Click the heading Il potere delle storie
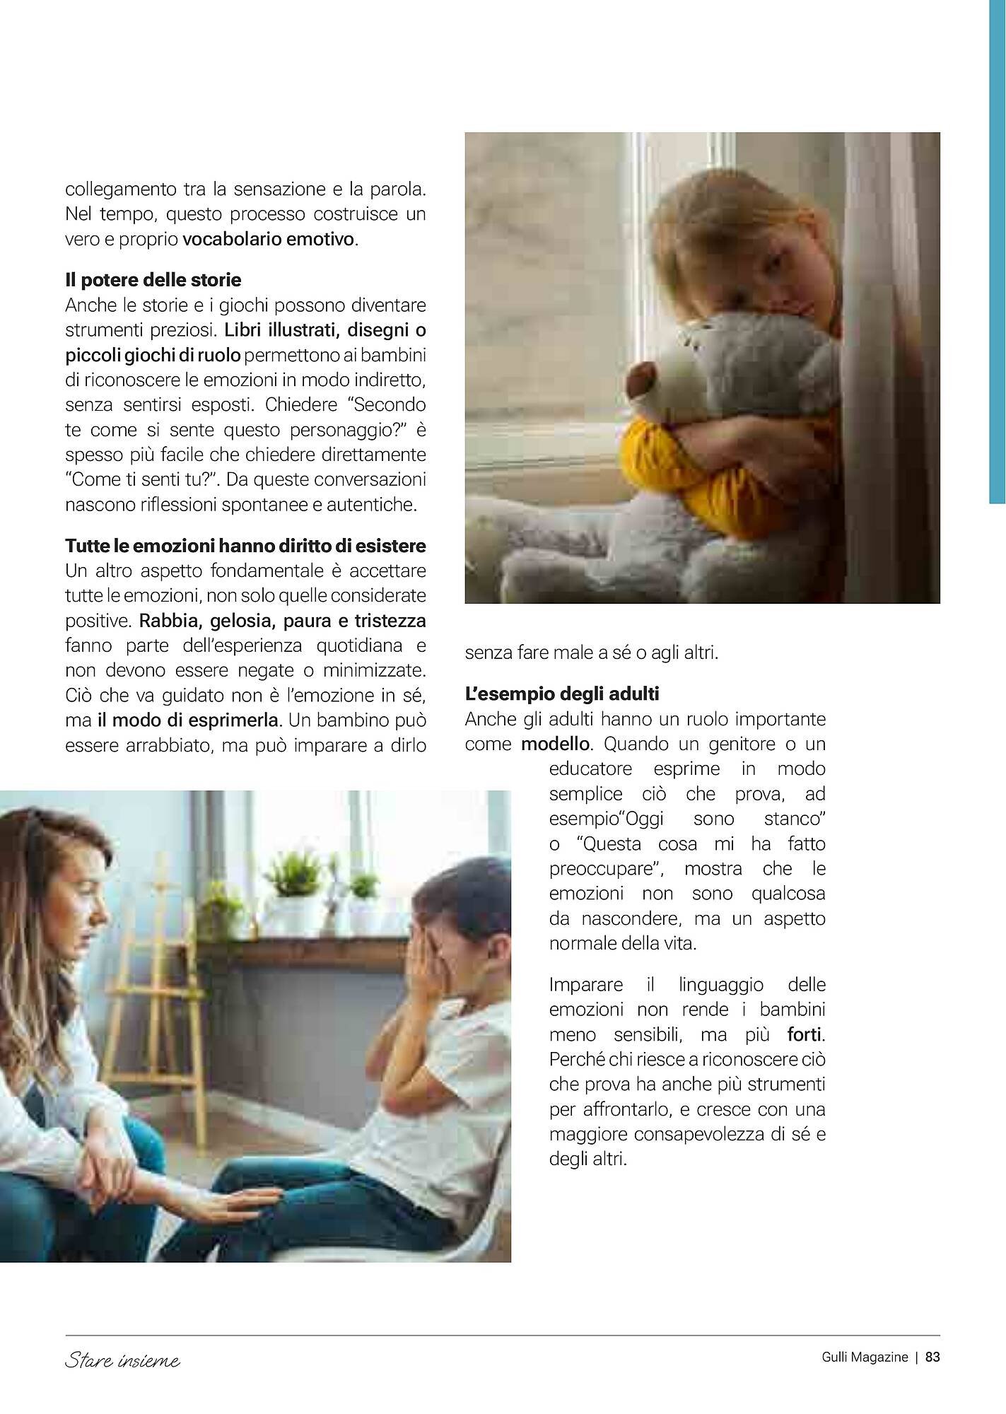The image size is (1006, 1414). click(x=153, y=280)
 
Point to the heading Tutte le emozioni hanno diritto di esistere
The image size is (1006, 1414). click(x=245, y=546)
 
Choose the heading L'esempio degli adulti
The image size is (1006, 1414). click(x=562, y=694)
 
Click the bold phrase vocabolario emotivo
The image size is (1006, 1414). click(x=268, y=239)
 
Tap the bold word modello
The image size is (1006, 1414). click(x=556, y=744)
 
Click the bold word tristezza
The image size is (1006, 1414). click(x=390, y=621)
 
